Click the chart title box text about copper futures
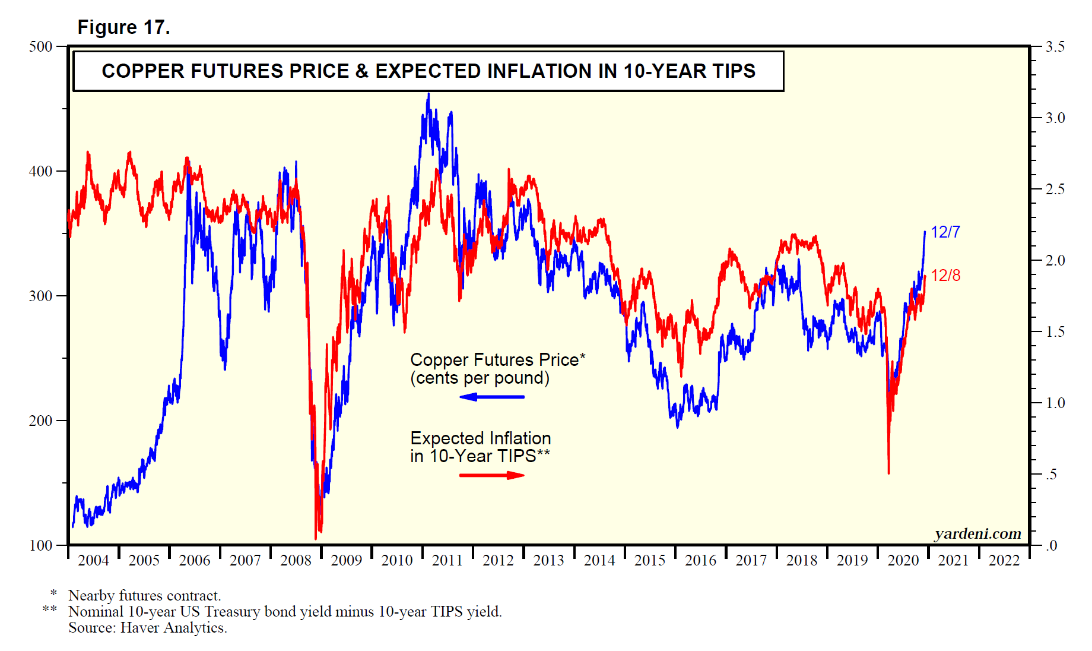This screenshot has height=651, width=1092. pos(428,71)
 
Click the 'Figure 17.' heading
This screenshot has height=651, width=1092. pos(123,27)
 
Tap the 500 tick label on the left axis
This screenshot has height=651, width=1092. pos(41,47)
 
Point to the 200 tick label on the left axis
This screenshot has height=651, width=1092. pos(41,421)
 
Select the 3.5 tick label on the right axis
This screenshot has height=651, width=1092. pos(1055,47)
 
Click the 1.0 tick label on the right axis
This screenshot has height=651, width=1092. pos(1055,403)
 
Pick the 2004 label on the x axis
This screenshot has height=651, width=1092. pos(94,560)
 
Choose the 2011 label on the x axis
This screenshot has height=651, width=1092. pos(447,560)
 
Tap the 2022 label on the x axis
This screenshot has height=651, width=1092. pos(1004,560)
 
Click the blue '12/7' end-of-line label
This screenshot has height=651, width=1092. pos(945,232)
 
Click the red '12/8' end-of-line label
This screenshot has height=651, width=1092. pos(945,276)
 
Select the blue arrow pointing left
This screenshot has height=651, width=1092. pos(491,397)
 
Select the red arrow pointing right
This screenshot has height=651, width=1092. pos(491,475)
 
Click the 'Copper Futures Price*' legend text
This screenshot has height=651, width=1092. pos(497,360)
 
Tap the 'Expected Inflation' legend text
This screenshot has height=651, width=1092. pos(480,438)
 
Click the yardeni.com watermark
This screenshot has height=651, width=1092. pos(977,534)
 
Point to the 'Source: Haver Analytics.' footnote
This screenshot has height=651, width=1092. pos(147,628)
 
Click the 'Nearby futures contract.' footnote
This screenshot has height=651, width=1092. pos(144,596)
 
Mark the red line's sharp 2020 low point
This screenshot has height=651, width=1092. pos(888,473)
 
